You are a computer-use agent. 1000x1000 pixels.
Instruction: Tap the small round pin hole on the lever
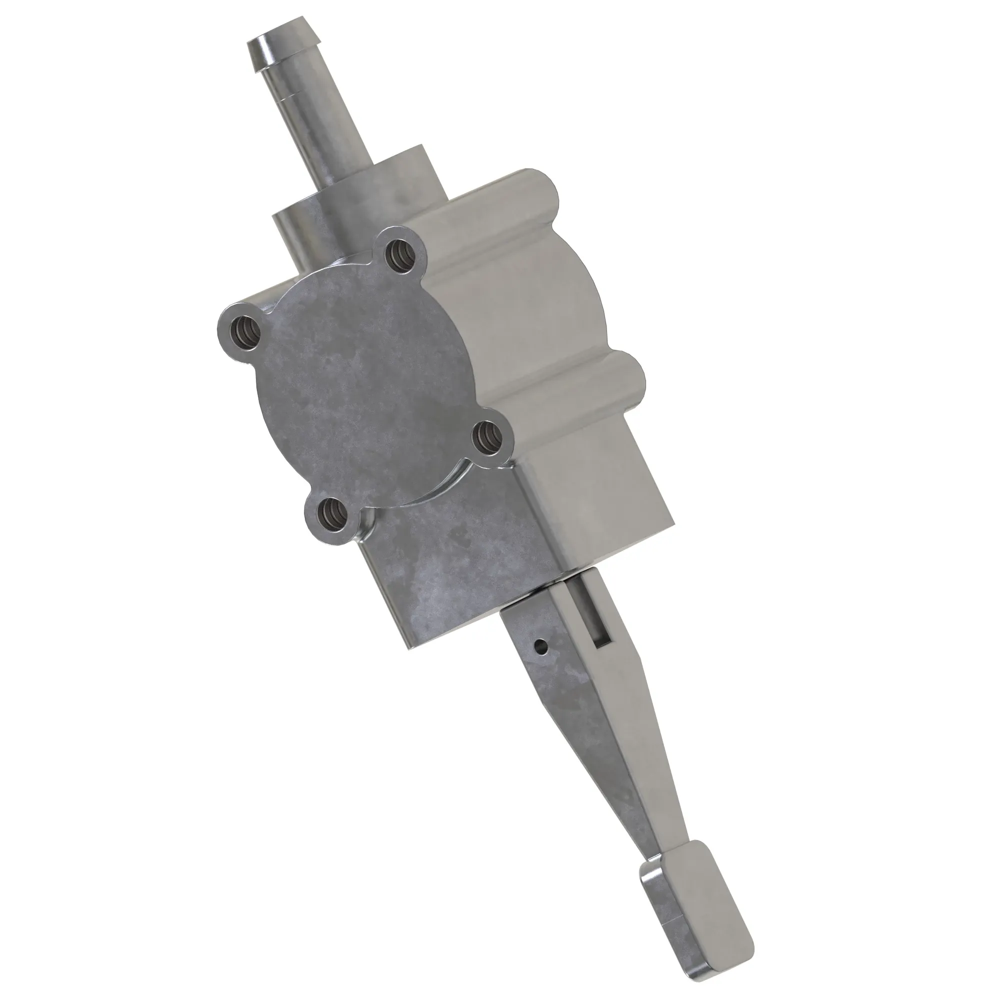pos(541,645)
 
